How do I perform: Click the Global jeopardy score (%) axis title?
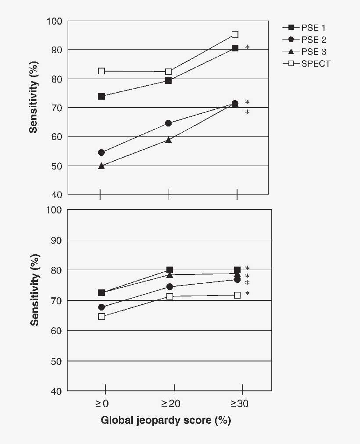166,420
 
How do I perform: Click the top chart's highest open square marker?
235,34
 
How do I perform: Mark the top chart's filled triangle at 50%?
101,166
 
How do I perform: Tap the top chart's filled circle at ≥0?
101,152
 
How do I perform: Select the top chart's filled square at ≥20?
168,80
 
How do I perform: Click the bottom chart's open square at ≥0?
101,316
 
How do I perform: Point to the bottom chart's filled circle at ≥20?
169,287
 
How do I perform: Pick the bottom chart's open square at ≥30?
237,295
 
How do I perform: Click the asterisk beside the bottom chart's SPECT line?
247,294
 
